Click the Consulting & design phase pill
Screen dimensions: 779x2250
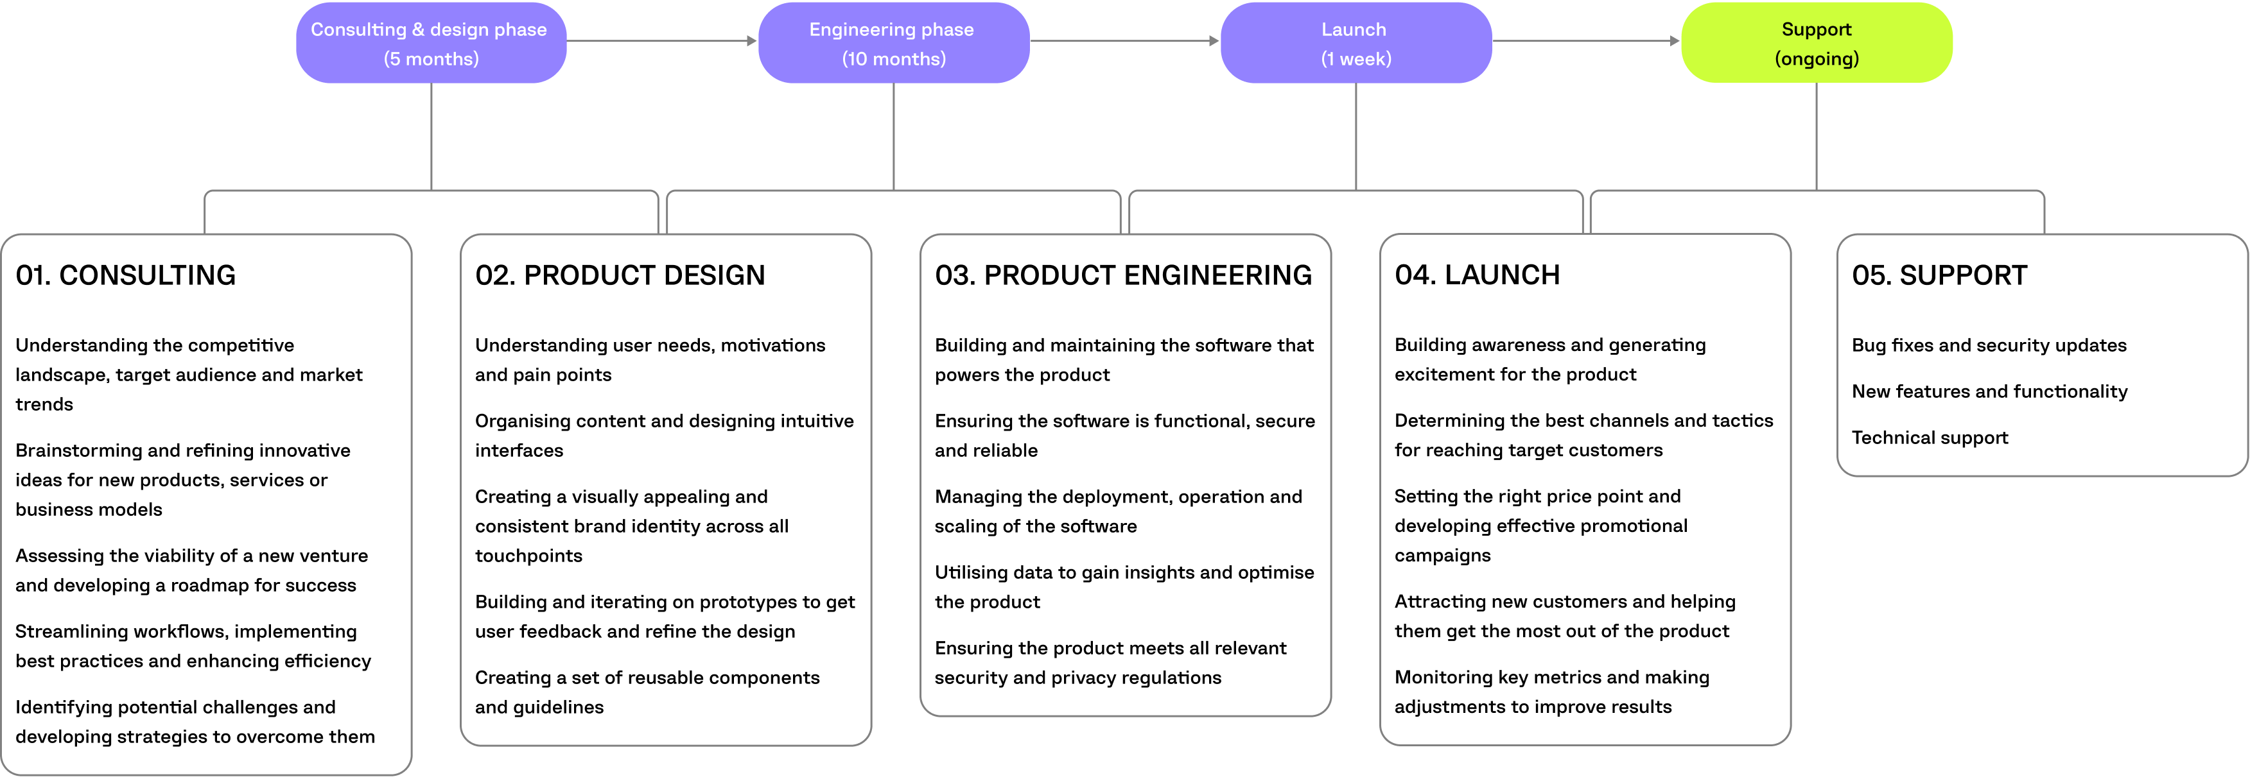coord(431,43)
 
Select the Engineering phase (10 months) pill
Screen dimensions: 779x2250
coord(893,43)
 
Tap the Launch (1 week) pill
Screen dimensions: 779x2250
coord(1355,43)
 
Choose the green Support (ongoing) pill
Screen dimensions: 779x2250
coord(1816,43)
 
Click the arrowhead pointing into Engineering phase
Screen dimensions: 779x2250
coord(751,41)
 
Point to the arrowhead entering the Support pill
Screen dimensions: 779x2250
coord(1675,41)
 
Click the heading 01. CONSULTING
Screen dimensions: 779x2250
coord(126,275)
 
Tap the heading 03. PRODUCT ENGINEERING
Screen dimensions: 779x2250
coord(1122,275)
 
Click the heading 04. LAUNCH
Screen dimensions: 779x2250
coord(1476,275)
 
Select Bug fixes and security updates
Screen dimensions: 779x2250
coord(1988,345)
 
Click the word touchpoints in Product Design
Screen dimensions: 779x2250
coord(528,556)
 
